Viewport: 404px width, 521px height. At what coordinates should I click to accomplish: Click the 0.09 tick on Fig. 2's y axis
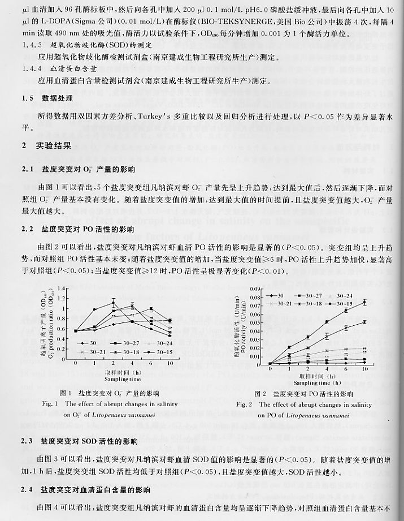(262, 289)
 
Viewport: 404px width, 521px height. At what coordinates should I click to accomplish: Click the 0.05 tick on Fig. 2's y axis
(262, 322)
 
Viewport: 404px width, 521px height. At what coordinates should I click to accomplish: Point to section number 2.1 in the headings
(27, 169)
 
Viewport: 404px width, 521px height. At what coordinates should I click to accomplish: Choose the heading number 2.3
(27, 441)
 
